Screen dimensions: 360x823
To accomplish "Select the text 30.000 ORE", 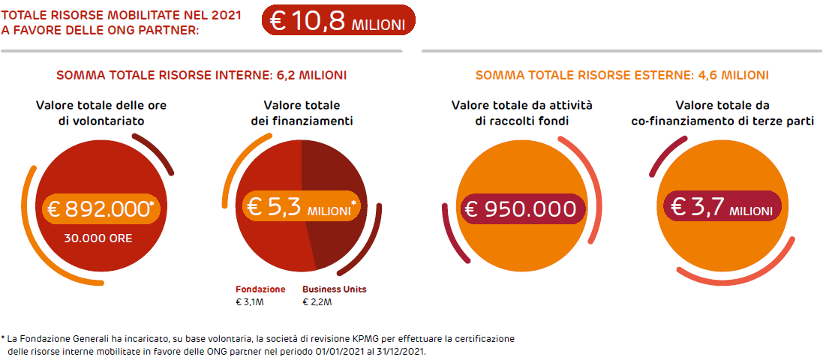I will pyautogui.click(x=99, y=238).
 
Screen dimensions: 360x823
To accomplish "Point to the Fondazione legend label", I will pyautogui.click(x=260, y=289).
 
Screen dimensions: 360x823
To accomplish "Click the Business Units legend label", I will pyautogui.click(x=335, y=289).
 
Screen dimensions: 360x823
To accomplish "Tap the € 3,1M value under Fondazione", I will pyautogui.click(x=250, y=302).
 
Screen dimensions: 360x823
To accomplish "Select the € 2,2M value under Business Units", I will pyautogui.click(x=317, y=302).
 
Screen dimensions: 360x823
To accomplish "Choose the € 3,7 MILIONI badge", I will pyautogui.click(x=722, y=208).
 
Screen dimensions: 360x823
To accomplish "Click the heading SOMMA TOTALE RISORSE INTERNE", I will pyautogui.click(x=201, y=76).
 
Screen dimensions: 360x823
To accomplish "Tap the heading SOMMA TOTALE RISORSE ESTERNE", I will pyautogui.click(x=622, y=76).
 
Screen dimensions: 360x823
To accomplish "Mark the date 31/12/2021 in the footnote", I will pyautogui.click(x=410, y=351).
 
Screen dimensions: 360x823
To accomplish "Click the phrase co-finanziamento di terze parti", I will pyautogui.click(x=722, y=120).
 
